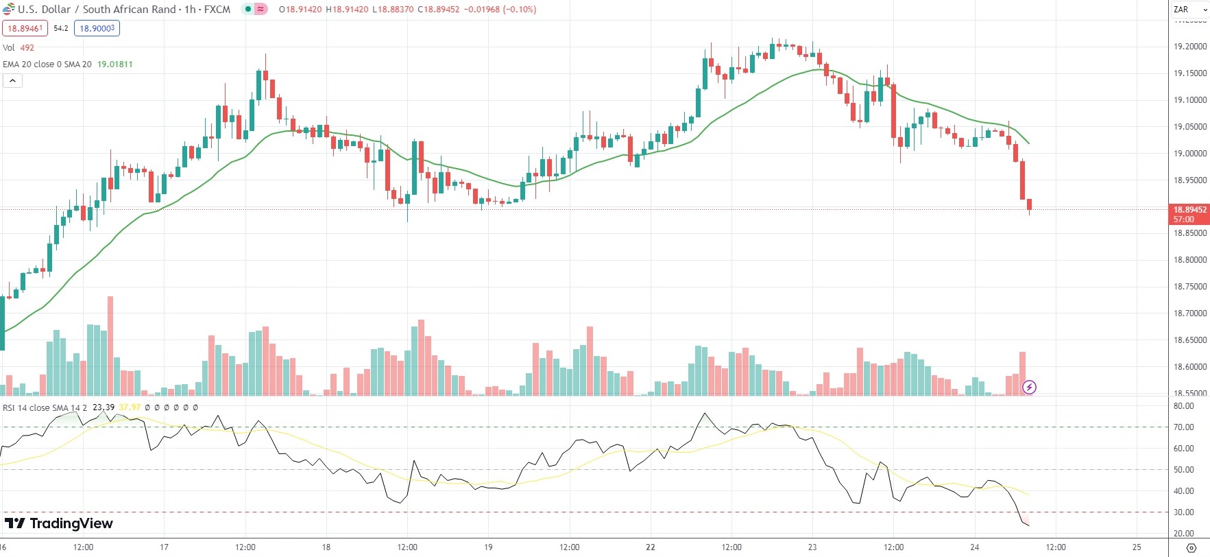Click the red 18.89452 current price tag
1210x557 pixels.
[x=1189, y=210]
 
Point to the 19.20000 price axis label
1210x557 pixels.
[x=1190, y=47]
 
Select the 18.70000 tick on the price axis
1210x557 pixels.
[x=1190, y=313]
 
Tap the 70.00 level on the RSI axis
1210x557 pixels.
[x=1184, y=427]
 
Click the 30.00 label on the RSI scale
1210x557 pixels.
[x=1184, y=512]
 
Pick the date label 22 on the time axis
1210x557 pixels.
[x=650, y=547]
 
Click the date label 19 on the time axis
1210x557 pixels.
[x=488, y=547]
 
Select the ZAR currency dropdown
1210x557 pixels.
[x=1189, y=10]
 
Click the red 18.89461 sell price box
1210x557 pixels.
[x=25, y=28]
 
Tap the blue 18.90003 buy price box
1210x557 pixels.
[x=97, y=28]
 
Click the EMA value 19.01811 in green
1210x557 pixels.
[x=115, y=64]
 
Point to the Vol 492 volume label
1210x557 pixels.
[x=19, y=47]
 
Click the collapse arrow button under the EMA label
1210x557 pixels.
[x=12, y=81]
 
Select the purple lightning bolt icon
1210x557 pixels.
[x=1029, y=388]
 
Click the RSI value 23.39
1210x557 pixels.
[x=104, y=407]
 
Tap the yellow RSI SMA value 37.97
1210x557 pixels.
[x=130, y=407]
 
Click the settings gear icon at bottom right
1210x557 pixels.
[x=1191, y=547]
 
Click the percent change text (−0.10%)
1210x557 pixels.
[x=520, y=10]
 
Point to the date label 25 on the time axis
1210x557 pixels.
[x=1137, y=547]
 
